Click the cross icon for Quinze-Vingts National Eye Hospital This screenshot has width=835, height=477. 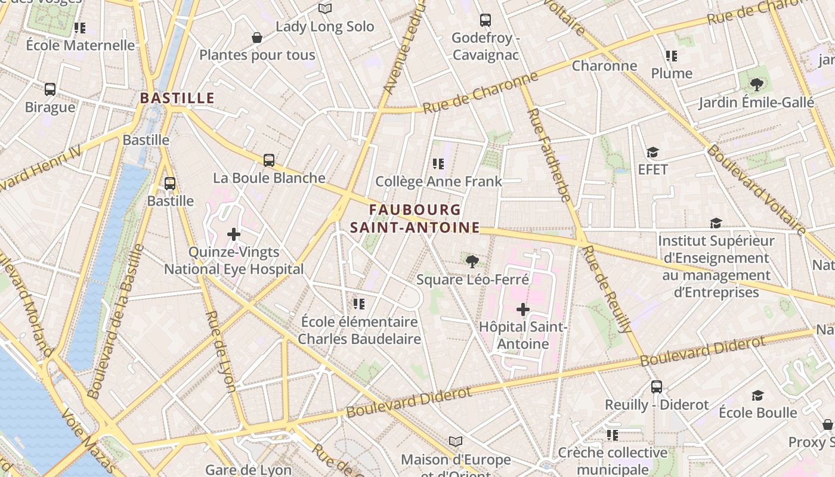(x=234, y=234)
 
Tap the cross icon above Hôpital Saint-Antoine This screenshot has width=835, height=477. (x=523, y=309)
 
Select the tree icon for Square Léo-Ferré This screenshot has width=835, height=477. (x=472, y=261)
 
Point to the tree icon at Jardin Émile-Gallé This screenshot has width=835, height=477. (x=757, y=85)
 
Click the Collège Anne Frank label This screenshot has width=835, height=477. (x=438, y=181)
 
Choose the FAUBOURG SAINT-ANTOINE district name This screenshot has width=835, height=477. (x=415, y=219)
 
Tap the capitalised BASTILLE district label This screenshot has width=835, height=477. (x=177, y=98)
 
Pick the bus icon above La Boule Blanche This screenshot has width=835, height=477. (x=269, y=160)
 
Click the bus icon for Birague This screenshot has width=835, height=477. (x=50, y=89)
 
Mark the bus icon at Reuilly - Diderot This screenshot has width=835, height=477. (x=657, y=387)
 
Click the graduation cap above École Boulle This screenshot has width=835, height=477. (x=757, y=395)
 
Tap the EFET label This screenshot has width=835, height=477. (x=652, y=169)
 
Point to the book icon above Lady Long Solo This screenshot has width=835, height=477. (x=324, y=8)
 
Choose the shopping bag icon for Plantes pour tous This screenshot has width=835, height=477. (x=257, y=38)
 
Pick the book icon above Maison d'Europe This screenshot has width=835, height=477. (x=456, y=441)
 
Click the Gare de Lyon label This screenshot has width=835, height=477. (x=248, y=470)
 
